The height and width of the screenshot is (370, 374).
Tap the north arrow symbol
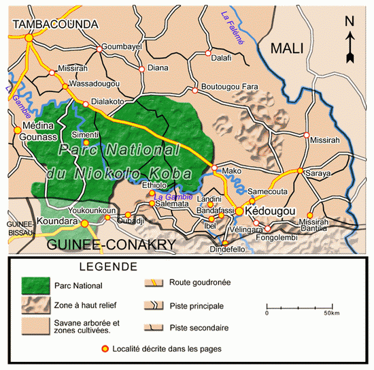pos(350,38)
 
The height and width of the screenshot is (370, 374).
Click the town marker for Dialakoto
pos(86,104)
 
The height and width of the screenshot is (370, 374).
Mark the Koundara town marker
pos(85,223)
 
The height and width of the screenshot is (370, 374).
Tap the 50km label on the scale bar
pos(331,313)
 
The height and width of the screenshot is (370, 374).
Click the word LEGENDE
pos(108,266)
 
